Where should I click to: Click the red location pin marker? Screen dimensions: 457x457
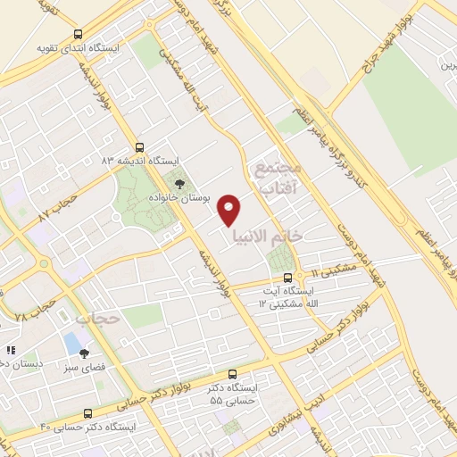pyautogui.click(x=230, y=209)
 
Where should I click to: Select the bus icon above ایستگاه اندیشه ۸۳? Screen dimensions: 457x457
pyautogui.click(x=138, y=147)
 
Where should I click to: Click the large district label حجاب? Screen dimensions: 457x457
pyautogui.click(x=96, y=318)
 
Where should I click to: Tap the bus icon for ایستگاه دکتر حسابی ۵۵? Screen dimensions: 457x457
pyautogui.click(x=234, y=374)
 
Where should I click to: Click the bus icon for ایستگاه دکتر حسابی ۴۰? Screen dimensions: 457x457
pyautogui.click(x=87, y=413)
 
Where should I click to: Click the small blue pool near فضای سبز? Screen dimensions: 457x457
pyautogui.click(x=71, y=343)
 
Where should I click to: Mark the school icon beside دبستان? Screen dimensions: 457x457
pyautogui.click(x=12, y=352)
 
